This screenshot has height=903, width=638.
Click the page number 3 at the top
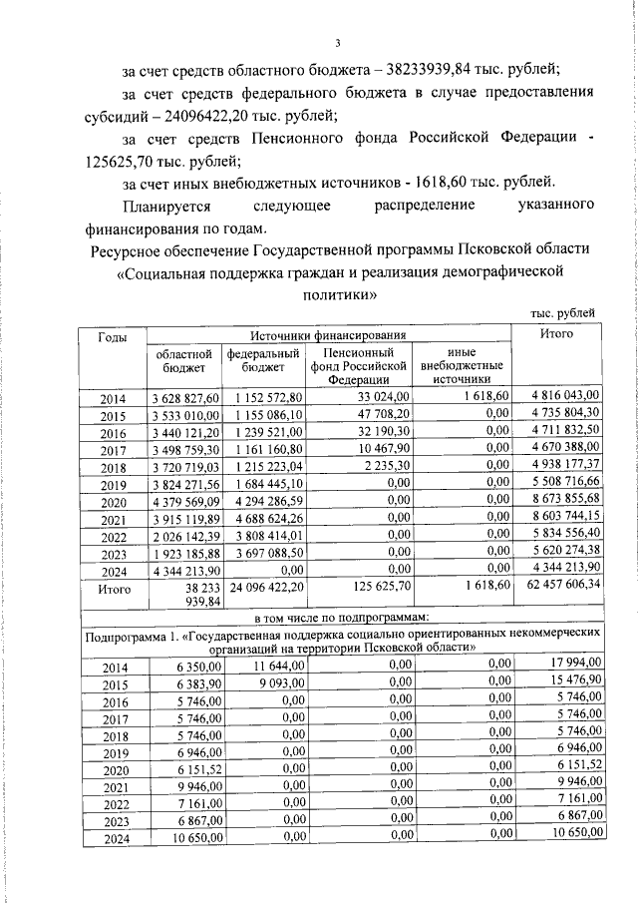(338, 42)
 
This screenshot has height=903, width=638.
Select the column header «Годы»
(113, 336)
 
